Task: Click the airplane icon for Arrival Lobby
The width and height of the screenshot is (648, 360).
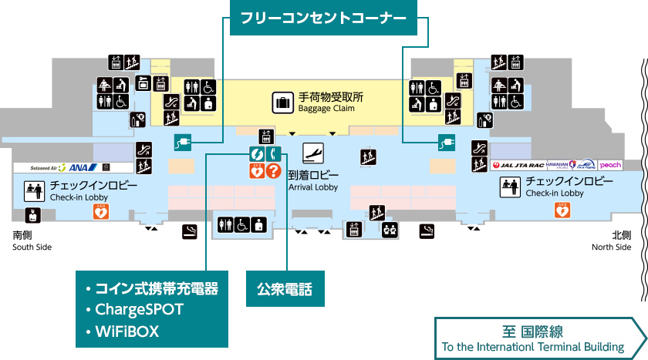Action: point(312,153)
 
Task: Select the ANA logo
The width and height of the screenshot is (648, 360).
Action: point(81,167)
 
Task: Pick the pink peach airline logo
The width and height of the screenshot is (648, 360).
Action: point(610,165)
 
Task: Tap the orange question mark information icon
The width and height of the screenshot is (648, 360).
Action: point(273,171)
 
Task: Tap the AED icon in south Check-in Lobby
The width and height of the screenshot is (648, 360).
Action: point(100,212)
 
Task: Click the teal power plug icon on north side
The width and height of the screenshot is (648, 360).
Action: point(445,142)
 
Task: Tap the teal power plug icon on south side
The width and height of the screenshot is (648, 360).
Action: point(182,142)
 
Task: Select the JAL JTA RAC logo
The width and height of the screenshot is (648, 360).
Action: point(518,165)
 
